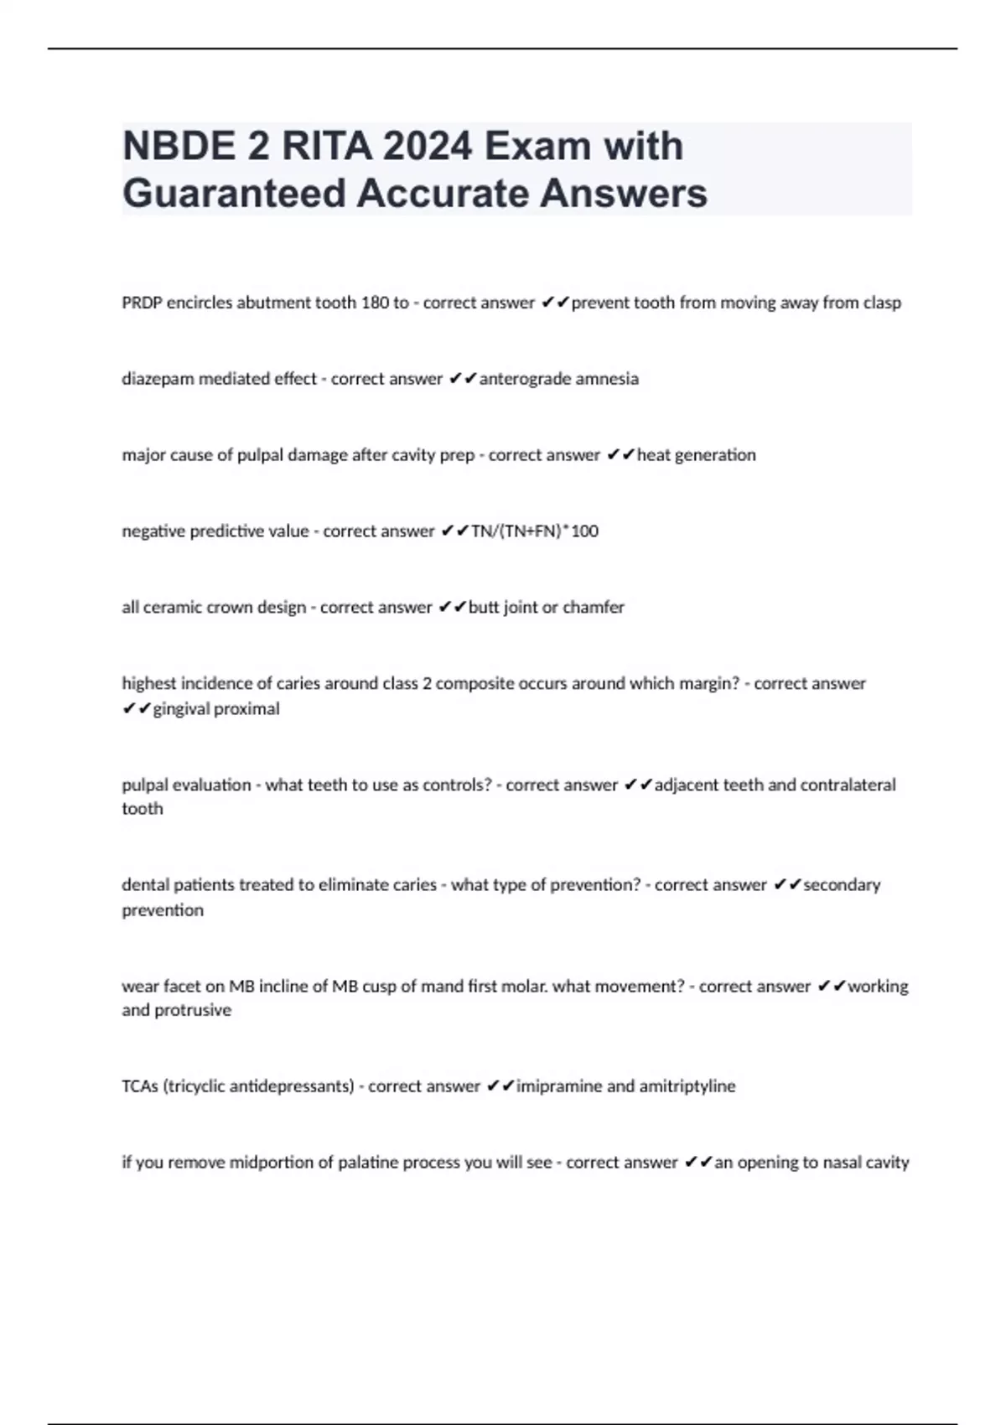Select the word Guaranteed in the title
tap(234, 194)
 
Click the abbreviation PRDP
tap(142, 303)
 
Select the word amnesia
tap(607, 379)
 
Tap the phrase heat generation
tap(696, 455)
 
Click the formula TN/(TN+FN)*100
tap(535, 531)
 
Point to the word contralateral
tap(848, 785)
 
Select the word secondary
tap(842, 885)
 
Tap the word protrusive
tap(191, 1010)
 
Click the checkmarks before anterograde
tap(462, 379)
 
